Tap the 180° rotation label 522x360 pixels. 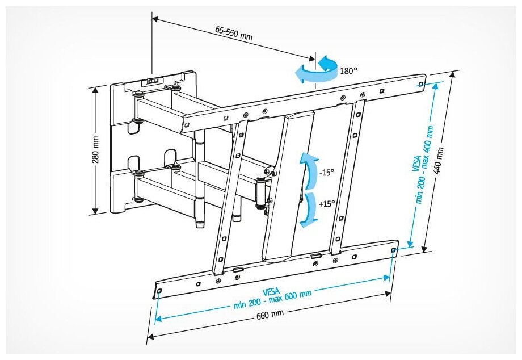(x=348, y=72)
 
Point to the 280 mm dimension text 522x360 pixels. (x=96, y=149)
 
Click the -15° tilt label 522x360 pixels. (x=326, y=172)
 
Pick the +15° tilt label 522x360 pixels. (x=326, y=203)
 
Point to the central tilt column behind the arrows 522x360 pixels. (x=287, y=187)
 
